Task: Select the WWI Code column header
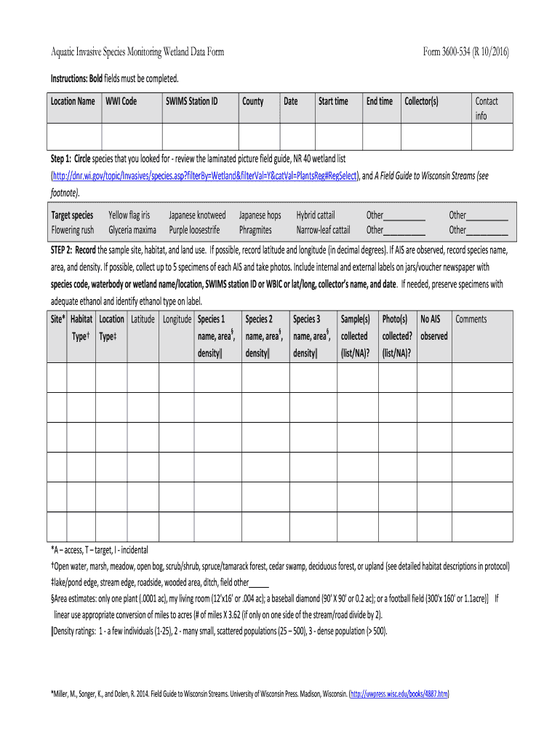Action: point(121,101)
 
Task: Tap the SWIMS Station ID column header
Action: point(191,101)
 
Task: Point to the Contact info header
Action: point(486,108)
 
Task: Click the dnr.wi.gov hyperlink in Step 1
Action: point(204,176)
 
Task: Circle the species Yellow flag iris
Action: point(129,215)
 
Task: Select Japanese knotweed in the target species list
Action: point(197,215)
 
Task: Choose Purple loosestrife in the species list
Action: point(194,230)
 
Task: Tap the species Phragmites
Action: point(255,230)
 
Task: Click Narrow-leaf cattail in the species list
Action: point(323,230)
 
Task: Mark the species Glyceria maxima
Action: point(132,230)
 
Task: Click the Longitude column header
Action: point(177,319)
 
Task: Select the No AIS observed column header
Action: point(434,327)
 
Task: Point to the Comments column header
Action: point(471,319)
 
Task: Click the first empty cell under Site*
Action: point(57,376)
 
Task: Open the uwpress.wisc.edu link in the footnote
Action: point(399,695)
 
